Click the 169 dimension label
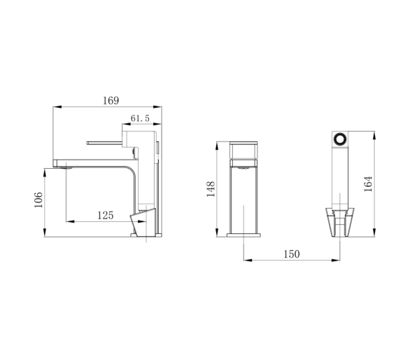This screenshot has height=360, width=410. coord(111,101)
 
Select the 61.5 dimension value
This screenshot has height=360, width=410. coord(140,118)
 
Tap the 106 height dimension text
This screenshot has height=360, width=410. coord(38,200)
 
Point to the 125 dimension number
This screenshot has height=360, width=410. coord(106,215)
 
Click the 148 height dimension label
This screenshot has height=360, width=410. coord(211,189)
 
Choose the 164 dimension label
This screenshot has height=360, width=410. coord(368,184)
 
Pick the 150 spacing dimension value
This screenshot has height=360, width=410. coord(292,254)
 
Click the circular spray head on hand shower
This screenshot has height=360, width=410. coord(340,139)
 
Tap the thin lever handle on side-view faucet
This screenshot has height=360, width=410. coord(104,143)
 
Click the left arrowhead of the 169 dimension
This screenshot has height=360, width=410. coord(57,107)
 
